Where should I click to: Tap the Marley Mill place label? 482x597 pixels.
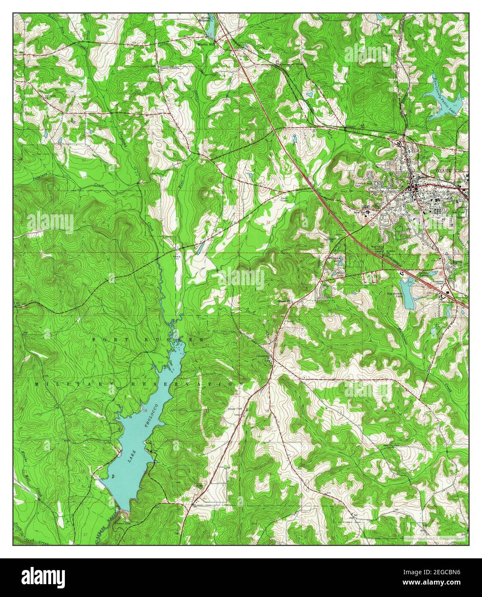point(207,44)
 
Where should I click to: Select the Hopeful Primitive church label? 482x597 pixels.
point(169,68)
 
